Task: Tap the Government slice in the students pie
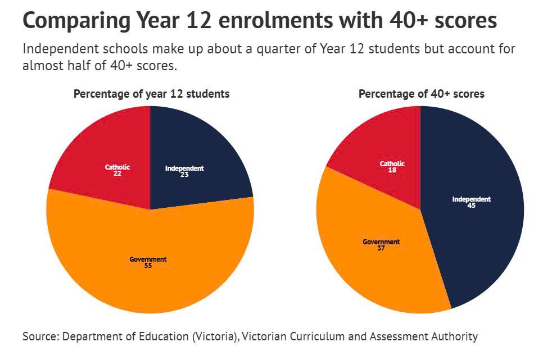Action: coord(149,275)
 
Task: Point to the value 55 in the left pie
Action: coord(148,265)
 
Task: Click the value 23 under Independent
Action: coord(184,175)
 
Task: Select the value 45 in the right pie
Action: coord(472,206)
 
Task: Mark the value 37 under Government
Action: coord(381,248)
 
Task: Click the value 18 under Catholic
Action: coord(392,170)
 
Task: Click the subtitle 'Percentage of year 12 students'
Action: coord(151,94)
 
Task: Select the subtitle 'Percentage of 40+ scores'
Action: coord(422,94)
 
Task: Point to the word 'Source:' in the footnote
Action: coord(41,336)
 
